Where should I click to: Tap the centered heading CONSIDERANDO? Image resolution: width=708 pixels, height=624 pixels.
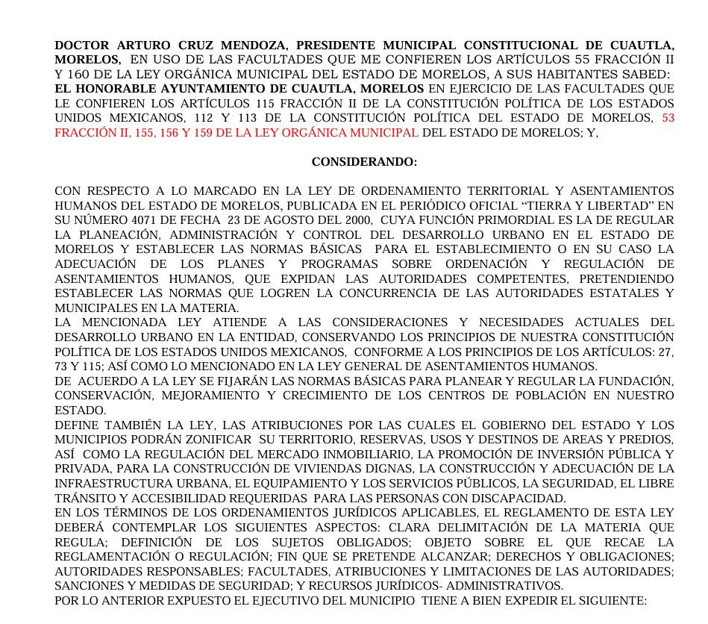tap(364, 162)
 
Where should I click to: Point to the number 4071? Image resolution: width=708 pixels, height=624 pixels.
tap(138, 220)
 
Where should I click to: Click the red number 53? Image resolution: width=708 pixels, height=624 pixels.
tap(668, 118)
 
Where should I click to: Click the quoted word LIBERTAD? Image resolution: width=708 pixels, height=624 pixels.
tap(621, 205)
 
